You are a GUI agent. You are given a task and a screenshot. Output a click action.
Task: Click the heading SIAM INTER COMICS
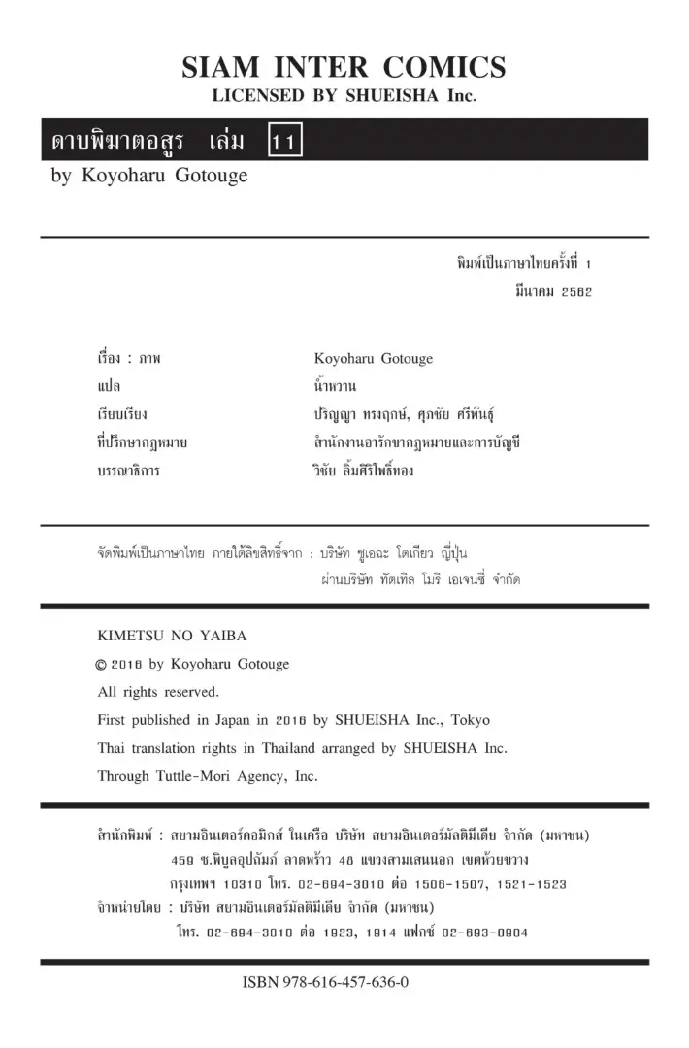tap(344, 67)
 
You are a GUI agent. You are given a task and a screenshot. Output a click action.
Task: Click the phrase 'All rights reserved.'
tap(158, 692)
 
